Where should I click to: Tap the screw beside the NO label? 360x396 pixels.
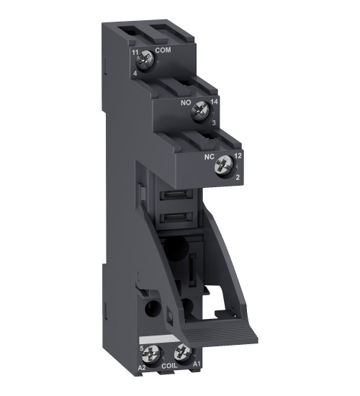pos(203,110)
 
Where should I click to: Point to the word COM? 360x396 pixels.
pos(163,51)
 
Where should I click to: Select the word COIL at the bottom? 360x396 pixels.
pos(168,365)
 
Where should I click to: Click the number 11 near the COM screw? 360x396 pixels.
pos(134,52)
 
